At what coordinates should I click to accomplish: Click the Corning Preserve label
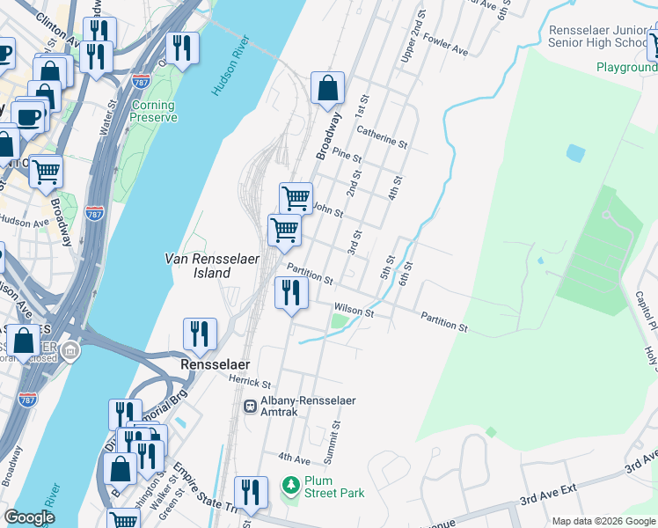tap(154, 111)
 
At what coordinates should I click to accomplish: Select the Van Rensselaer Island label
tap(198, 266)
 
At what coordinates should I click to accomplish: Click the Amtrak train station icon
tap(251, 406)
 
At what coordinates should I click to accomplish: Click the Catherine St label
tap(382, 136)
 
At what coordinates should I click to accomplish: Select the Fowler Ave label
tap(446, 48)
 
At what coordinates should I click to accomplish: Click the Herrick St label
tap(249, 383)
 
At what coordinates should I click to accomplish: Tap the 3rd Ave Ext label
tap(547, 500)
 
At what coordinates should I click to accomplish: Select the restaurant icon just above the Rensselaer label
tap(200, 334)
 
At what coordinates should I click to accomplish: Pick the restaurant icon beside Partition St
tap(291, 292)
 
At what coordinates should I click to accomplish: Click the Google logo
tap(30, 517)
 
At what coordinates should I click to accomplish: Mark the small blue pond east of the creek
tap(575, 153)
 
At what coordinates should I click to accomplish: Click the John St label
tap(327, 210)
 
